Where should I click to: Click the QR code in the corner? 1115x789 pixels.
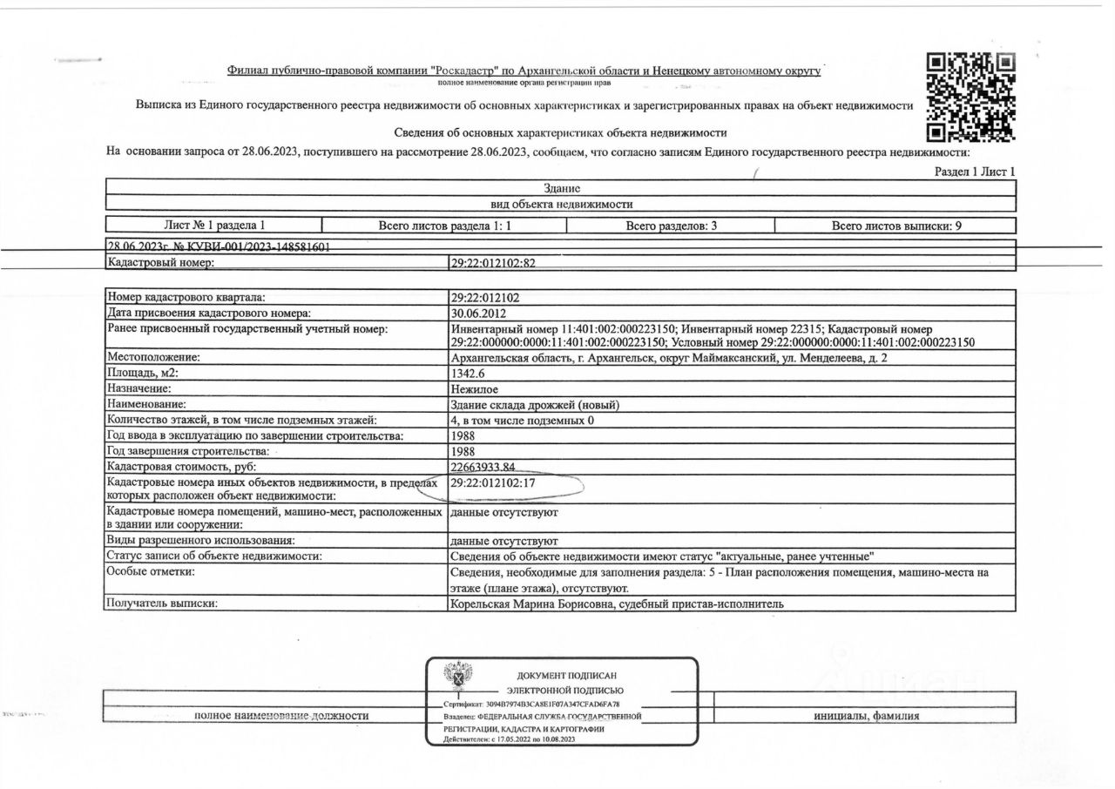pyautogui.click(x=970, y=97)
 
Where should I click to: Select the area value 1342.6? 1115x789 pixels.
pyautogui.click(x=471, y=374)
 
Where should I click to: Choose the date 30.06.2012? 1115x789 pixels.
pyautogui.click(x=478, y=313)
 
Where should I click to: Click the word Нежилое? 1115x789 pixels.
pyautogui.click(x=475, y=389)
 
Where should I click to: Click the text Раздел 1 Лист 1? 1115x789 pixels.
pyautogui.click(x=975, y=172)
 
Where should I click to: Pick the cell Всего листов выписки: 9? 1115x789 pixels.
pyautogui.click(x=896, y=226)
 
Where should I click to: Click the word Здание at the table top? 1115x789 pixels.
pyautogui.click(x=561, y=188)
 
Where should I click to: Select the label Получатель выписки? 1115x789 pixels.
pyautogui.click(x=160, y=603)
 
